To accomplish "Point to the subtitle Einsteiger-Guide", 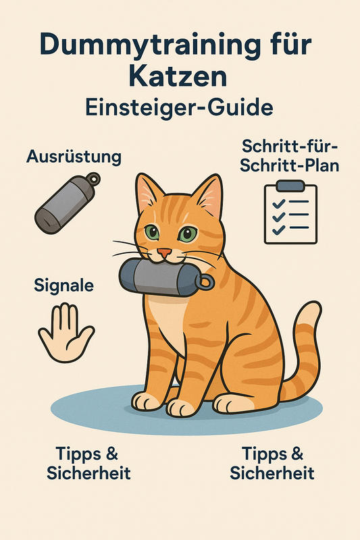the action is click(x=179, y=107).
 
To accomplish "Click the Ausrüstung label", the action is click(x=74, y=157).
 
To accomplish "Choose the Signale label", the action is click(x=63, y=286).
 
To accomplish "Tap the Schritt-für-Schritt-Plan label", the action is click(x=289, y=156).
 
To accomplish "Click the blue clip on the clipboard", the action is click(x=290, y=186).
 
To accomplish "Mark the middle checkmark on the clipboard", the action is click(x=278, y=217).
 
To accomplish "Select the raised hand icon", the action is click(x=66, y=332).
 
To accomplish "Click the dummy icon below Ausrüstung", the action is click(x=68, y=203).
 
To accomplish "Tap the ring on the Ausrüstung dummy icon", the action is click(x=93, y=178).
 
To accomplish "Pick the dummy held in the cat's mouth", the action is click(x=166, y=277).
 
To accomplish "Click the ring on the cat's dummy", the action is click(x=207, y=281).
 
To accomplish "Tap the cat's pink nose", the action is click(x=164, y=252).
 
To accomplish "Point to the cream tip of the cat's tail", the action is click(x=310, y=312).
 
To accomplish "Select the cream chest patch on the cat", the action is click(x=170, y=322).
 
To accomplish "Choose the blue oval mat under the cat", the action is click(x=186, y=410).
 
